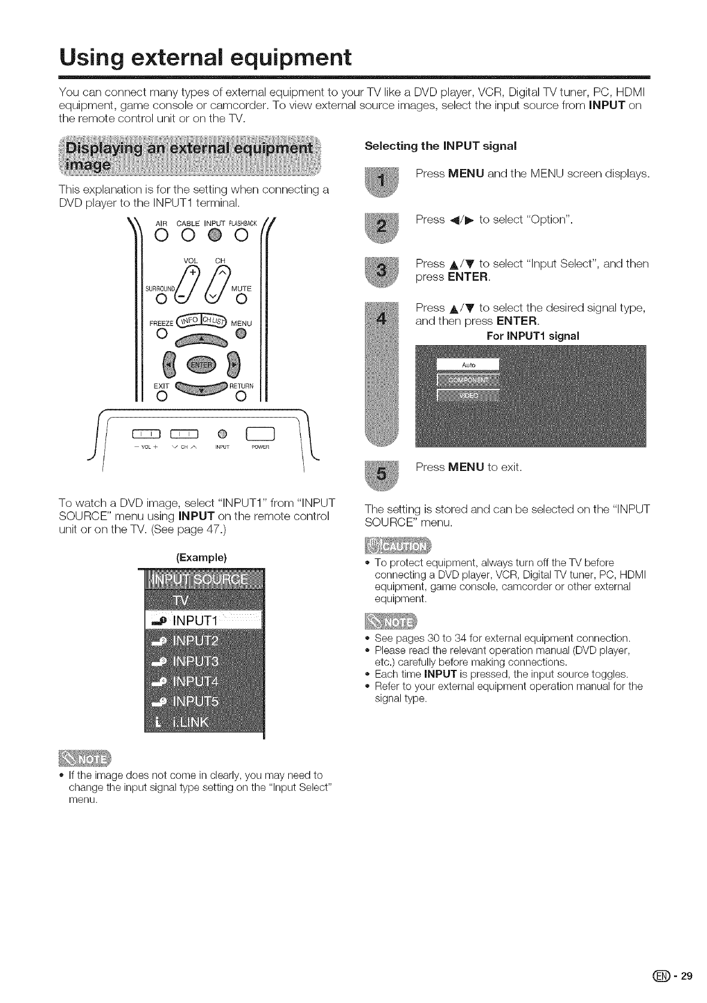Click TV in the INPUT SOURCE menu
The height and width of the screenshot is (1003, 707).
pyautogui.click(x=180, y=600)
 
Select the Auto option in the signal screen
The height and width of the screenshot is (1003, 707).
pyautogui.click(x=468, y=365)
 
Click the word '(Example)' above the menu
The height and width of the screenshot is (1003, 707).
pyautogui.click(x=201, y=557)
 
